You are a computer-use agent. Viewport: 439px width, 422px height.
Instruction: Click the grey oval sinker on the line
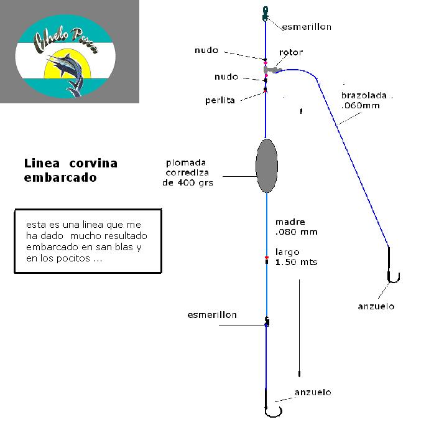coord(266,166)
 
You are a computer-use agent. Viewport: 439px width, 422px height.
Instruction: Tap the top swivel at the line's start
coord(266,11)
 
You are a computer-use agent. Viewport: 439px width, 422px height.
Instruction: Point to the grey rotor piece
coord(272,70)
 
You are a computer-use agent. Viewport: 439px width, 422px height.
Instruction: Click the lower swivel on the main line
coord(267,322)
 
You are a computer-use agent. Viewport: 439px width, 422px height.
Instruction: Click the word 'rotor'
coord(291,53)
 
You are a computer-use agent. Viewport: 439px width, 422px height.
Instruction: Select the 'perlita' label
coord(220,100)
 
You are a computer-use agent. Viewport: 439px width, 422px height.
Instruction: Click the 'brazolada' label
coord(364,96)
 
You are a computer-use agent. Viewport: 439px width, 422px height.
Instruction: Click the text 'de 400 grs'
coord(188,183)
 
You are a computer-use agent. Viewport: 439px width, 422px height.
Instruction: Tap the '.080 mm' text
coord(296,232)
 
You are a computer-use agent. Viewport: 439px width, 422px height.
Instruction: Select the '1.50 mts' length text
coord(296,262)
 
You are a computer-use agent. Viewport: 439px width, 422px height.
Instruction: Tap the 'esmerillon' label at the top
coord(307,27)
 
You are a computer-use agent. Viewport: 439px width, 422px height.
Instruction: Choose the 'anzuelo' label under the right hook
coord(376,306)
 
